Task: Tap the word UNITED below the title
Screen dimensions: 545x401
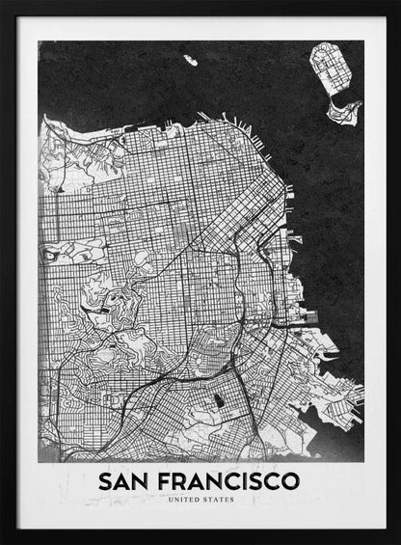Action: click(x=184, y=500)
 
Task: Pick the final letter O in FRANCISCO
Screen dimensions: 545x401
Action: click(x=290, y=479)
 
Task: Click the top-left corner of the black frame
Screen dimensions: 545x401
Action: click(x=3, y=3)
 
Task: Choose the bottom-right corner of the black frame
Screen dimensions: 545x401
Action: click(x=397, y=541)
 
